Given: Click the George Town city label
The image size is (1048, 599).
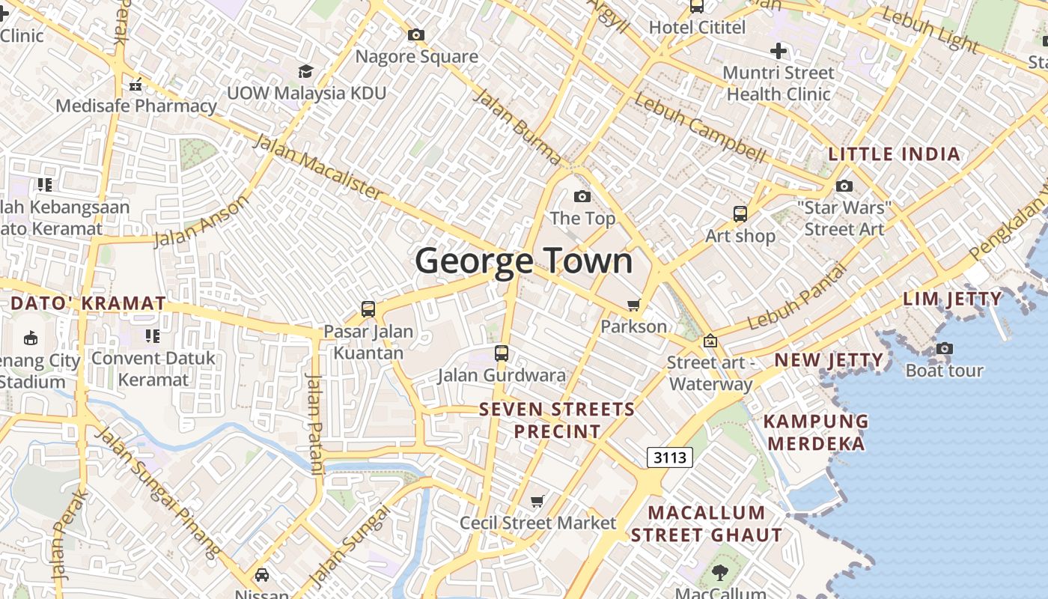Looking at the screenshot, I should point(524,261).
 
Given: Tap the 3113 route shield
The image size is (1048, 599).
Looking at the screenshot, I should point(669,457).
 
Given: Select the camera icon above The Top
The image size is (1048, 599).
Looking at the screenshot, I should point(582,197).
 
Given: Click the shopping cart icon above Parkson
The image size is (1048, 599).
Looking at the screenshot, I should point(634,305).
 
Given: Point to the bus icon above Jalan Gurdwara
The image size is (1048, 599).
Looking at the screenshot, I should point(502,353).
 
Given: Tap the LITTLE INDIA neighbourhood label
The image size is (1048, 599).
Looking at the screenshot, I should point(893,154).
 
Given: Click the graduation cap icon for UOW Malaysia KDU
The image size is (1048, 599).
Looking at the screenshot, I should point(305,71).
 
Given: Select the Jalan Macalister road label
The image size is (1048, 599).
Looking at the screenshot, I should point(318,167).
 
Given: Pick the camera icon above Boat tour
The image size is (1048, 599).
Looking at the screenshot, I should point(945,348).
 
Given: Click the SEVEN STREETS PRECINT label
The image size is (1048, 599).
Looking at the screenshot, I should point(557,420).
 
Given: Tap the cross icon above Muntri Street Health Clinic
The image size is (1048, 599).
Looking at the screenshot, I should point(779,51).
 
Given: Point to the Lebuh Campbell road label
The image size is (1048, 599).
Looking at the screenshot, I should point(700,128).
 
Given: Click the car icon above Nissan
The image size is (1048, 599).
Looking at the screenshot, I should point(262,574).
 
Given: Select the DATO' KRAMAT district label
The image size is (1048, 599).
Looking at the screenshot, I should point(88,303).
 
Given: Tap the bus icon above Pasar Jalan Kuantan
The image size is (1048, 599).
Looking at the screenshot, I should point(368,308).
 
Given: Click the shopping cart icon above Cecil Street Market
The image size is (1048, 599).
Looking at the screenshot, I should point(537,501).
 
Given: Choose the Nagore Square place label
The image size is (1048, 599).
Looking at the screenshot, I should point(416,57).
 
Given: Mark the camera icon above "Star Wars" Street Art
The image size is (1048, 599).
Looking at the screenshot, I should point(844,186).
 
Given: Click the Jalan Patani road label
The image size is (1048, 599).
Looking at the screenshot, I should point(315,423).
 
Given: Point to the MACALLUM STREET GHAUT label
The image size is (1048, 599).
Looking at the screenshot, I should point(707,524).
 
